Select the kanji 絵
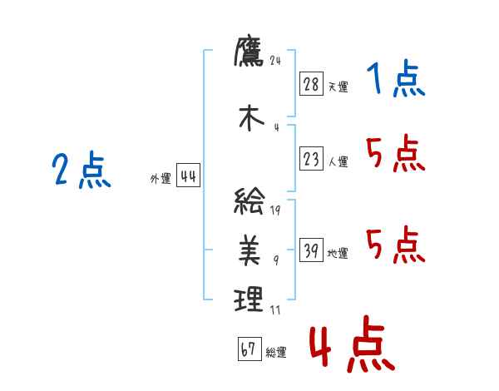249,202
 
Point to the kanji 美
249,250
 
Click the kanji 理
249,298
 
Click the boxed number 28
312,84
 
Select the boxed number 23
312,159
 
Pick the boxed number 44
188,176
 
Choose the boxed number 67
249,350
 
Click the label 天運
338,87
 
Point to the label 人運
338,161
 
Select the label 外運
161,178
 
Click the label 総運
276,353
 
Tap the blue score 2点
81,171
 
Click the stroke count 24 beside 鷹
277,60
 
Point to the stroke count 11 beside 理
276,310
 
